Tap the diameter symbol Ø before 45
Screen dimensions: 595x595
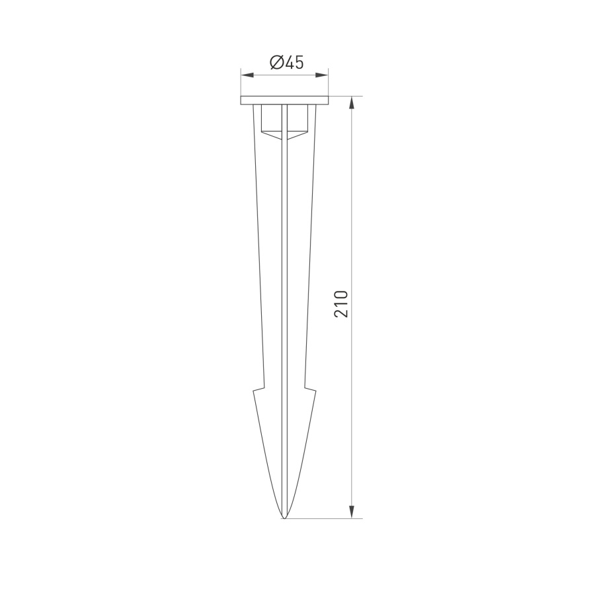pos(276,63)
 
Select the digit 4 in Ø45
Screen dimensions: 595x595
pos(290,63)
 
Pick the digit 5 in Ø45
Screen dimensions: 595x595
pos(299,63)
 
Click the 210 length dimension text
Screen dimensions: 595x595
pos(341,303)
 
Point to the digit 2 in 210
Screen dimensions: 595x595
pos(341,313)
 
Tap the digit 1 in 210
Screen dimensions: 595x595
pos(341,303)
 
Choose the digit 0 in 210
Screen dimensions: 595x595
pos(341,294)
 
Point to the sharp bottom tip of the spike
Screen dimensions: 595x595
pos(284,518)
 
